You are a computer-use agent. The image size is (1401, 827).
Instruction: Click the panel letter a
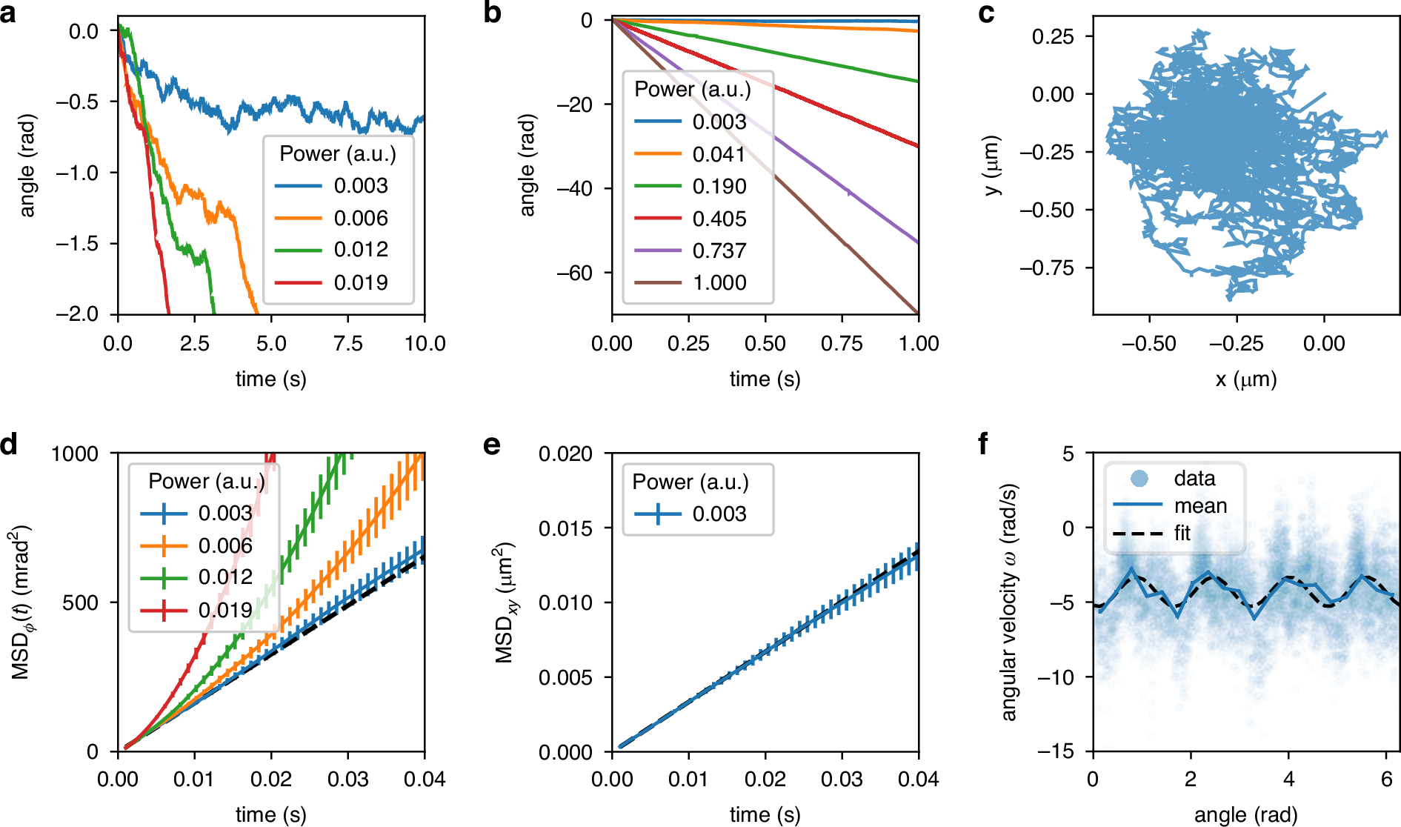click(x=9, y=13)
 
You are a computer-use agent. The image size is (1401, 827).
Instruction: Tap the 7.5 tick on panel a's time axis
click(x=348, y=344)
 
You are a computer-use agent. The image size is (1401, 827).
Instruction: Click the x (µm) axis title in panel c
click(x=1246, y=379)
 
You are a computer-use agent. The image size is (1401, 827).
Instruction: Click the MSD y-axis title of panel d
click(x=21, y=602)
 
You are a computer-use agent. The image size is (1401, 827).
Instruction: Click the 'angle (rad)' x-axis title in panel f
click(x=1246, y=815)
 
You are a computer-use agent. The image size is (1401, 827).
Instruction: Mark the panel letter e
click(x=491, y=445)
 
